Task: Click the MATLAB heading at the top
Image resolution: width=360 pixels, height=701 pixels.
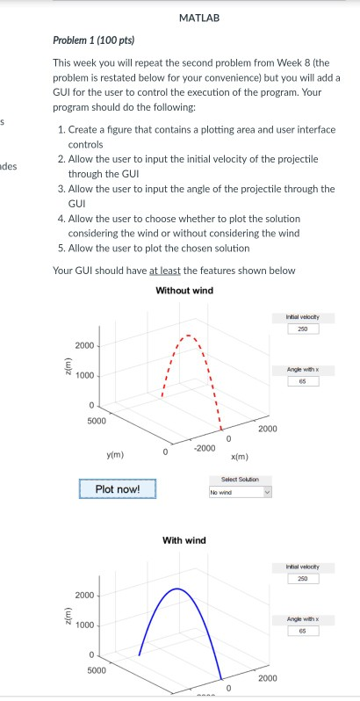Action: click(198, 18)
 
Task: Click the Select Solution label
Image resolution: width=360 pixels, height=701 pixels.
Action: click(241, 479)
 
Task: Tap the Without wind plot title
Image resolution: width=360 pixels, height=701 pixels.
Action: click(184, 291)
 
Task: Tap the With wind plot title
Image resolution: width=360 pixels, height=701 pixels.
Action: click(184, 539)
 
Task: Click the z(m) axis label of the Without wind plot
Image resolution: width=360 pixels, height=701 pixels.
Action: click(62, 375)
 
